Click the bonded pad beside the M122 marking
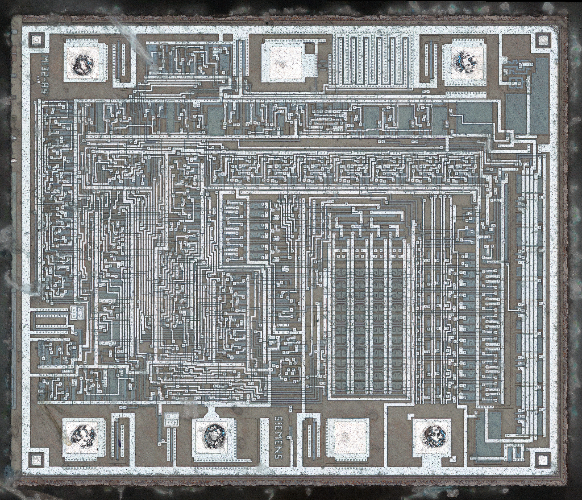pyautogui.click(x=84, y=63)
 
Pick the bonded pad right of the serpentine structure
pyautogui.click(x=465, y=61)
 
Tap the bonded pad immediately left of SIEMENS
pyautogui.click(x=214, y=437)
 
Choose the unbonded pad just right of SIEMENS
pyautogui.click(x=347, y=438)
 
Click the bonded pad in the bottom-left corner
pyautogui.click(x=83, y=437)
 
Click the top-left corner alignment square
pyautogui.click(x=36, y=40)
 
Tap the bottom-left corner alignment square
pyautogui.click(x=36, y=459)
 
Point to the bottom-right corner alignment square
pyautogui.click(x=543, y=459)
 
